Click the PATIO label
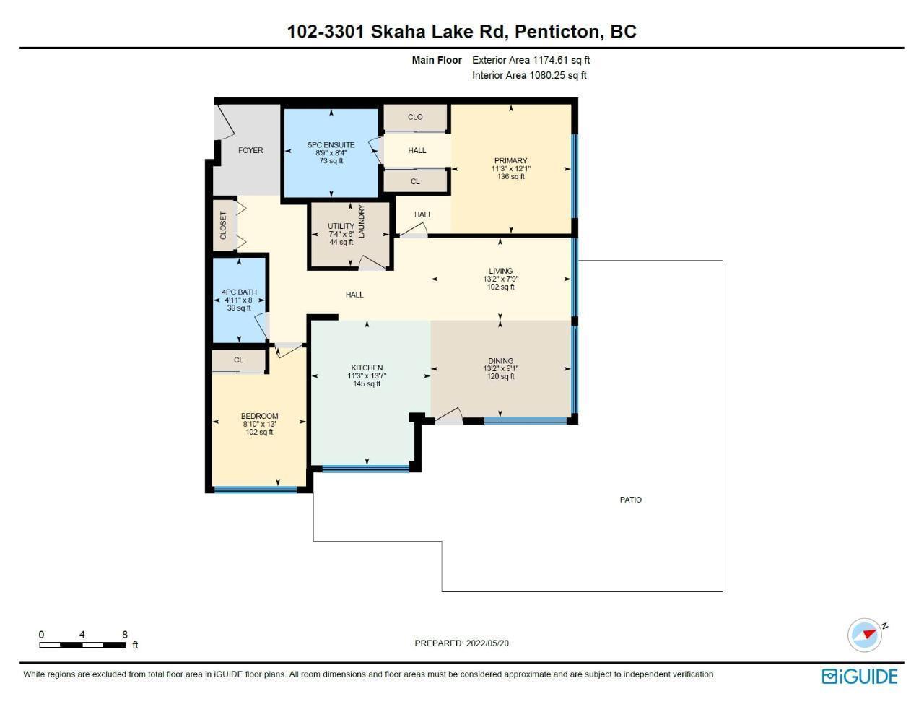click(630, 500)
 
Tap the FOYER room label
click(250, 151)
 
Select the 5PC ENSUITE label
click(331, 145)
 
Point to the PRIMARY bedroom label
click(510, 161)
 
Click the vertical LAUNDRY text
click(362, 221)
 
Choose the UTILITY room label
click(341, 226)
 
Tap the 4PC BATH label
click(239, 292)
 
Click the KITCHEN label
click(367, 368)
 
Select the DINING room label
click(500, 360)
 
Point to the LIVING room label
click(500, 271)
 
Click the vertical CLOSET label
click(223, 225)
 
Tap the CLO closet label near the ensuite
click(415, 117)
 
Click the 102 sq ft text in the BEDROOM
click(259, 432)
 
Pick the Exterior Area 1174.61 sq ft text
click(531, 61)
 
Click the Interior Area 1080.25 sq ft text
click(529, 76)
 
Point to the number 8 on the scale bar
click(125, 635)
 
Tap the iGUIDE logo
click(859, 677)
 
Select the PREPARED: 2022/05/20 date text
click(461, 643)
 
